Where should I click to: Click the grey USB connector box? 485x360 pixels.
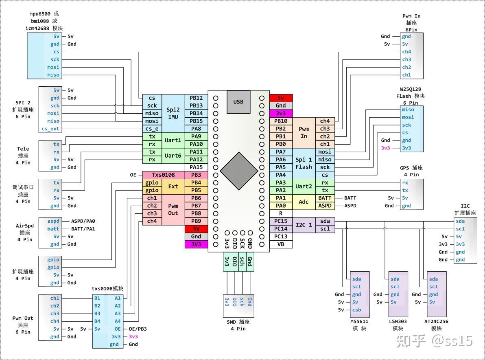(x=238, y=101)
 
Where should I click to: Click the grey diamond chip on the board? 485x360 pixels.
(x=238, y=171)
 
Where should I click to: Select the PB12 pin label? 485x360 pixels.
(x=196, y=98)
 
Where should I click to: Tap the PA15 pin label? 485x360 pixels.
(x=196, y=167)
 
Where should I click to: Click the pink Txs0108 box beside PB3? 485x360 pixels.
(x=163, y=175)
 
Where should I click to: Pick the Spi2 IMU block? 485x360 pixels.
(x=173, y=113)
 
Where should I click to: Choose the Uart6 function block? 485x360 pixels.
(x=173, y=156)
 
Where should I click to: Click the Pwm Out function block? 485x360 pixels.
(x=173, y=209)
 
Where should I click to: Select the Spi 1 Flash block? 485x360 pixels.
(x=304, y=163)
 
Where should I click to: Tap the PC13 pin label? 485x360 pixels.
(x=281, y=237)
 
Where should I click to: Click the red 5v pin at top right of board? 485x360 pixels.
(x=281, y=98)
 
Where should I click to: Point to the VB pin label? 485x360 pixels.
(x=281, y=244)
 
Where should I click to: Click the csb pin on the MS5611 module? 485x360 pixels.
(x=356, y=310)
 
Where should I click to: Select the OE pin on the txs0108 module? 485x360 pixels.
(x=118, y=329)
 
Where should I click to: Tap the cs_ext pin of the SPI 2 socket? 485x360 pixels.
(x=50, y=129)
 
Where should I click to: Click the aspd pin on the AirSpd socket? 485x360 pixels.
(x=53, y=221)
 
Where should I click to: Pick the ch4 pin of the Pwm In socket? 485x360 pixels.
(x=406, y=52)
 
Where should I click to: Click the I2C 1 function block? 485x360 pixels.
(x=304, y=225)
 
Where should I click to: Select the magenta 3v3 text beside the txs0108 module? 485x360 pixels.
(x=133, y=336)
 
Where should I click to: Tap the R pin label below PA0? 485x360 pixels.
(x=281, y=213)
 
